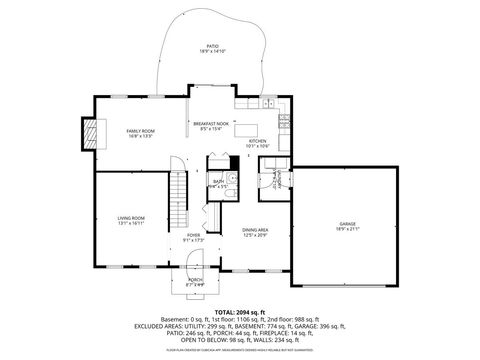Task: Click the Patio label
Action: tap(210, 45)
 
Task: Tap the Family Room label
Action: tap(140, 132)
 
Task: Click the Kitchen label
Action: tap(259, 141)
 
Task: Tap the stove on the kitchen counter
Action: tap(285, 121)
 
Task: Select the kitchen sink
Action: tap(268, 103)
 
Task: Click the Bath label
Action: tap(218, 181)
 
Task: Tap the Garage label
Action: tap(346, 224)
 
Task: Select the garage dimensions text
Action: tap(346, 230)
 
